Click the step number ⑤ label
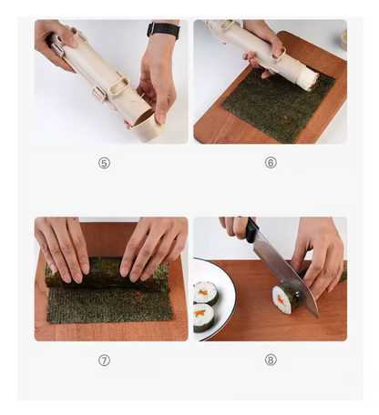(x=104, y=163)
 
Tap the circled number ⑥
(x=271, y=163)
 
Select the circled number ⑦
(x=104, y=359)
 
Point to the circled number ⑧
(x=271, y=359)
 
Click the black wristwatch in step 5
(x=164, y=30)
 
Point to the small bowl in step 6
(x=343, y=39)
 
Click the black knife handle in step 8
(x=251, y=230)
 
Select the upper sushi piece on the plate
(x=205, y=292)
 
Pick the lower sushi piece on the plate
(x=202, y=316)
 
